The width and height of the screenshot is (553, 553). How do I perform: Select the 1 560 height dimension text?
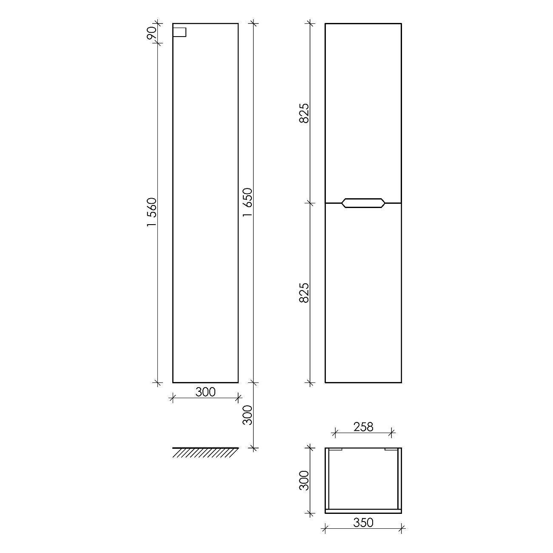(152, 213)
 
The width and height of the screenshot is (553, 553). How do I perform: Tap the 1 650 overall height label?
(248, 202)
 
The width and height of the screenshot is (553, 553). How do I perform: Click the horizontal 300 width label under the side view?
(205, 392)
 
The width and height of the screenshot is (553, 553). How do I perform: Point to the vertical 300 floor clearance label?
(248, 415)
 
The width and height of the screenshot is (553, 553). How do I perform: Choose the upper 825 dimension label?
(304, 113)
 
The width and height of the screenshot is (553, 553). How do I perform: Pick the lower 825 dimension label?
(304, 293)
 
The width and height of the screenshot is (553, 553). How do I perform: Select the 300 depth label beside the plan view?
(304, 481)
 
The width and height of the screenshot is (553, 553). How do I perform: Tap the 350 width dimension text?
(363, 523)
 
